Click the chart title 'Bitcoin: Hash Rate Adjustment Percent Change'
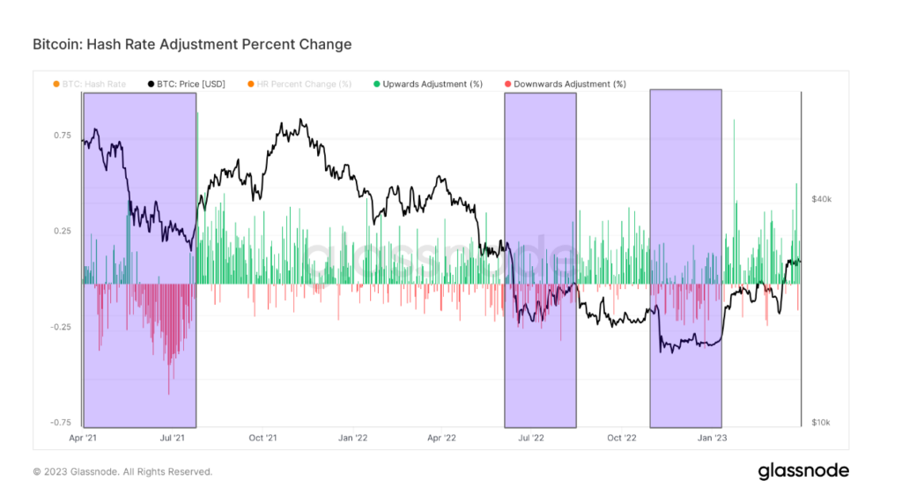[x=192, y=44]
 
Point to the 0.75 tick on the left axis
[x=62, y=136]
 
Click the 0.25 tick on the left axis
[x=62, y=232]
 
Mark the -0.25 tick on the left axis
[x=60, y=327]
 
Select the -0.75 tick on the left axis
[x=60, y=423]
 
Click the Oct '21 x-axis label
[x=262, y=437]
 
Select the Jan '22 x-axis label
[x=352, y=437]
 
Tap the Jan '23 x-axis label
[x=712, y=437]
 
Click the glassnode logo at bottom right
[x=803, y=471]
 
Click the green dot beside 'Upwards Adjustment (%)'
[x=376, y=84]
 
